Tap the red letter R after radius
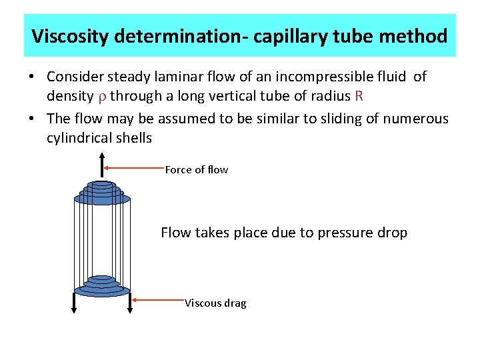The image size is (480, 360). tap(359, 95)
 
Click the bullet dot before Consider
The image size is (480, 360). tap(32, 77)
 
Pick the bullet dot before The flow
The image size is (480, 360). tap(32, 119)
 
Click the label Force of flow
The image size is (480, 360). tap(196, 170)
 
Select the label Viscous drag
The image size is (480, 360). tap(215, 303)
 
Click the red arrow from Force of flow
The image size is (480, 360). tap(134, 169)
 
